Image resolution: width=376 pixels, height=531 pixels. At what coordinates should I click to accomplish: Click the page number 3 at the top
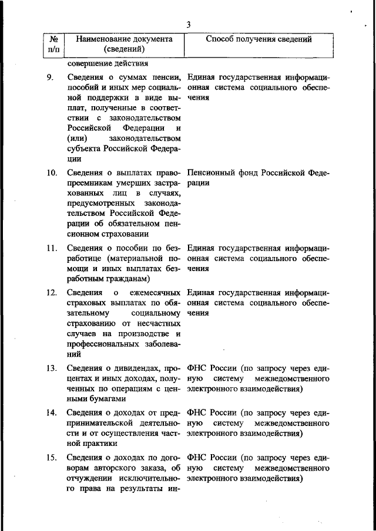[x=188, y=24]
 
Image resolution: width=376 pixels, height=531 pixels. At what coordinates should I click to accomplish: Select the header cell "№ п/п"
[x=53, y=44]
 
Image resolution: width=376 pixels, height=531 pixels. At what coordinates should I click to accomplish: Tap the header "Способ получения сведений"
[x=258, y=39]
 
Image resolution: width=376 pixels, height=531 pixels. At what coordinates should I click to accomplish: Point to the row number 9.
[x=51, y=77]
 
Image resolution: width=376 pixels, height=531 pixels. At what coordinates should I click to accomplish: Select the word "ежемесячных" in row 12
[x=151, y=292]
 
